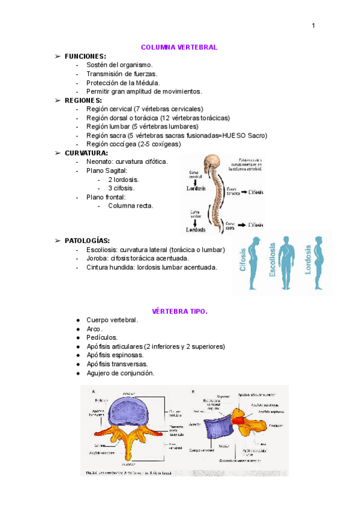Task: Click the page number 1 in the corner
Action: click(x=313, y=25)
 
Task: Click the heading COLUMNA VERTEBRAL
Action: click(x=179, y=47)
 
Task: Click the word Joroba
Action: click(x=98, y=258)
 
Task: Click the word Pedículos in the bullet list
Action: click(x=102, y=337)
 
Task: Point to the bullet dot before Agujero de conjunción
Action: click(x=79, y=373)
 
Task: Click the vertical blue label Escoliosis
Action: click(x=273, y=260)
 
